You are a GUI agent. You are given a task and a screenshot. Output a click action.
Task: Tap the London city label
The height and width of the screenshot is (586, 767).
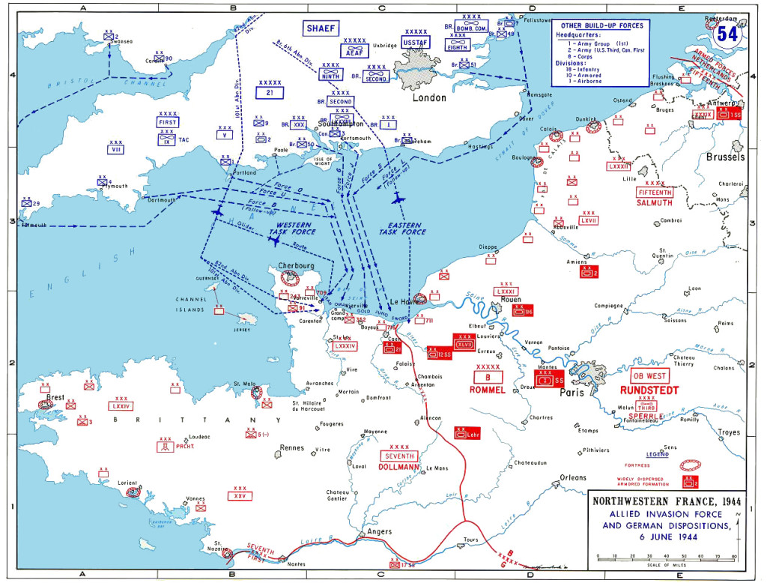coord(429,97)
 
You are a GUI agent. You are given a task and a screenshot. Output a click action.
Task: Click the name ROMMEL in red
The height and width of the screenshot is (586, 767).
coord(488,390)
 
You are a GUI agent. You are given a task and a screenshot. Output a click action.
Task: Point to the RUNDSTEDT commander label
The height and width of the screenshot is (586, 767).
coord(649,390)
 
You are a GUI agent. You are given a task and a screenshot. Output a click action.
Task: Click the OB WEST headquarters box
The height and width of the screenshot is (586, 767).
coord(649,375)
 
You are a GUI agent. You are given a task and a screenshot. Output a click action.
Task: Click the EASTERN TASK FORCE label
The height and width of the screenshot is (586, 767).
coord(402,229)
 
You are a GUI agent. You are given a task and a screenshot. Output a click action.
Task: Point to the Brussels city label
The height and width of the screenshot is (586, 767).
coord(725,157)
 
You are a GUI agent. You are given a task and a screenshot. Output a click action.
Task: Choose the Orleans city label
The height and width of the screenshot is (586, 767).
coord(573,477)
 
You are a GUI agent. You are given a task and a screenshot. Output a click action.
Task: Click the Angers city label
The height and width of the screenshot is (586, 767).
coord(379,531)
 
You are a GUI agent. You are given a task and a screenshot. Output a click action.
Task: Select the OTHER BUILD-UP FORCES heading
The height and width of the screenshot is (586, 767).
coord(601,25)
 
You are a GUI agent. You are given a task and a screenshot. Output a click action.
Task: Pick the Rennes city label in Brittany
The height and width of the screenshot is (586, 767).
coord(292,448)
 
